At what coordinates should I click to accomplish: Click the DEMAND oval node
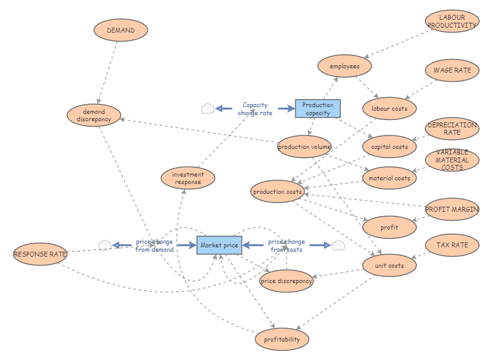pyautogui.click(x=121, y=30)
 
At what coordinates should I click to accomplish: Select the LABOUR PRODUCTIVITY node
pyautogui.click(x=452, y=22)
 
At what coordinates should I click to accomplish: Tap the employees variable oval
pyautogui.click(x=344, y=66)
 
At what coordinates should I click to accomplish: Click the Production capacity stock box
pyautogui.click(x=317, y=109)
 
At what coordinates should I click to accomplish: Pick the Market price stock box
pyautogui.click(x=219, y=246)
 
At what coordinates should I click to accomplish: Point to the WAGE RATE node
pyautogui.click(x=452, y=71)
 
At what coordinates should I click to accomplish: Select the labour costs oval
pyautogui.click(x=389, y=109)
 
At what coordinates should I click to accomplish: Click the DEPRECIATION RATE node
pyautogui.click(x=452, y=129)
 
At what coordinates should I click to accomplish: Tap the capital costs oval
pyautogui.click(x=389, y=147)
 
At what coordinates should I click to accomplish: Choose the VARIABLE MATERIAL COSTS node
pyautogui.click(x=452, y=159)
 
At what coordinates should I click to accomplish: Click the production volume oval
pyautogui.click(x=304, y=147)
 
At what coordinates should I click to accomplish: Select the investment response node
pyautogui.click(x=188, y=178)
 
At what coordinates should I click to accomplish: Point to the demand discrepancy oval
pyautogui.click(x=94, y=116)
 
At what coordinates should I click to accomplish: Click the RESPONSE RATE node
pyautogui.click(x=40, y=254)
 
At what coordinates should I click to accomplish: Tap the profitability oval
pyautogui.click(x=282, y=339)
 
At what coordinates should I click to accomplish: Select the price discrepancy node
pyautogui.click(x=287, y=281)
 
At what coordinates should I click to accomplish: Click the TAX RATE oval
pyautogui.click(x=452, y=246)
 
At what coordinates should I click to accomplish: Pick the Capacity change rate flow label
pyautogui.click(x=255, y=109)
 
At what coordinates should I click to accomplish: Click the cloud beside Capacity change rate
pyautogui.click(x=208, y=109)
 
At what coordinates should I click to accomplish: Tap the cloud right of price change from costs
pyautogui.click(x=338, y=246)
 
